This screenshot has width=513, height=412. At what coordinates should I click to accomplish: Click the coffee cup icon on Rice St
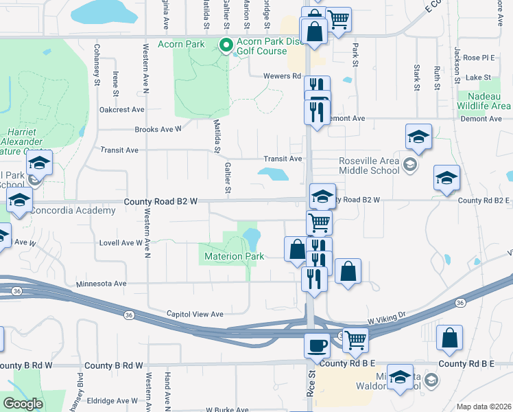317,344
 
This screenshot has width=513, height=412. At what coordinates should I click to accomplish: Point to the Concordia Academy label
73,211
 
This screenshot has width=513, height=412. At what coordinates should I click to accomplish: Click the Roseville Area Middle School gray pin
409,163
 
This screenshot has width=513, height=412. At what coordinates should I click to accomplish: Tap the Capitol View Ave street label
195,314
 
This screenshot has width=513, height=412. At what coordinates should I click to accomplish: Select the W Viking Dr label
387,320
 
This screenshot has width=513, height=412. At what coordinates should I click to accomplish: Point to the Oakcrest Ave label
121,109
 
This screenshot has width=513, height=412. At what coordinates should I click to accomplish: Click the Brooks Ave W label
158,129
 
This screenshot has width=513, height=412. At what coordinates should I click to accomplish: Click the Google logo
23,404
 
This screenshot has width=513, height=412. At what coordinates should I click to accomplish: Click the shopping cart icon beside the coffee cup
355,340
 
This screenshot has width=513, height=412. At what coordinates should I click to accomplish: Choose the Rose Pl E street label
479,58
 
